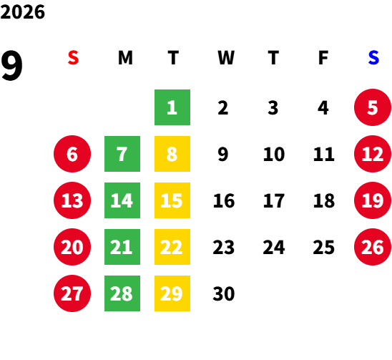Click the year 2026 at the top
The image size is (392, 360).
pyautogui.click(x=22, y=12)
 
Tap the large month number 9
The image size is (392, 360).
pyautogui.click(x=11, y=66)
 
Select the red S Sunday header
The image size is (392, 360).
pyautogui.click(x=73, y=58)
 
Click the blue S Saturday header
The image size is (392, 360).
pyautogui.click(x=373, y=58)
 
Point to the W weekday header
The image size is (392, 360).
pyautogui.click(x=226, y=58)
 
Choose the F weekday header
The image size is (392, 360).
pyautogui.click(x=323, y=58)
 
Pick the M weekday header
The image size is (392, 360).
pyautogui.click(x=125, y=58)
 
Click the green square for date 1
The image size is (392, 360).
pyautogui.click(x=172, y=107)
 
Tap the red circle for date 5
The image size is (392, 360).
pyautogui.click(x=373, y=107)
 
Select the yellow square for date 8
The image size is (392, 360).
pyautogui.click(x=172, y=154)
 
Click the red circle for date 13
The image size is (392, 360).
pyautogui.click(x=72, y=200)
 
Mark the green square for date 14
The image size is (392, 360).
pyautogui.click(x=122, y=200)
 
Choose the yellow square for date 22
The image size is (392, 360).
pyautogui.click(x=172, y=247)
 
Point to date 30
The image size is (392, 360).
pyautogui.click(x=224, y=293)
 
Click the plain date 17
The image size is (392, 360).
pyautogui.click(x=274, y=200)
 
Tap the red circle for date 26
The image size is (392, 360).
pyautogui.click(x=373, y=247)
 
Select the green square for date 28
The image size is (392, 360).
pyautogui.click(x=122, y=293)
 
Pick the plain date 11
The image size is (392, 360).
pyautogui.click(x=324, y=154)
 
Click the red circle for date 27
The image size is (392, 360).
pyautogui.click(x=72, y=293)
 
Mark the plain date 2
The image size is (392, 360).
pyautogui.click(x=223, y=107)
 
